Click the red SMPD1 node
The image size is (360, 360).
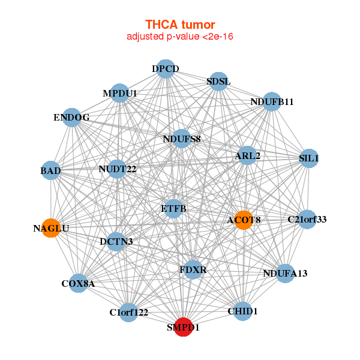[183, 328]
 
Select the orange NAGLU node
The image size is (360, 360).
[52, 227]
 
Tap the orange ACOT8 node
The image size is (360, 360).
[244, 220]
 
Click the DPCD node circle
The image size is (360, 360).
[165, 69]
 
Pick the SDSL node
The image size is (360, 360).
[218, 81]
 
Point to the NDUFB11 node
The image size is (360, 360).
[272, 101]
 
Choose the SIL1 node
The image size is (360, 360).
[308, 158]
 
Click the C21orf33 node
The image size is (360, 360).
[307, 219]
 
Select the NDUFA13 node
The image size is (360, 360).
[284, 274]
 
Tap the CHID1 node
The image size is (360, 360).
[242, 311]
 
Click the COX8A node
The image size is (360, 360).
[78, 283]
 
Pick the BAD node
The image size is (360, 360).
[51, 171]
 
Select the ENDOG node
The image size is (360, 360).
[71, 118]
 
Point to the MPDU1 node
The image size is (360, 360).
[120, 94]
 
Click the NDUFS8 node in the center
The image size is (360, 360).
[182, 139]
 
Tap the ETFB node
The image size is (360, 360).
[174, 209]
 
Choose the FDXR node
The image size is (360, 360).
[193, 270]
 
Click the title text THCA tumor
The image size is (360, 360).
[180, 25]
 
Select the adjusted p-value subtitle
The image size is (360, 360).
[180, 37]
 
